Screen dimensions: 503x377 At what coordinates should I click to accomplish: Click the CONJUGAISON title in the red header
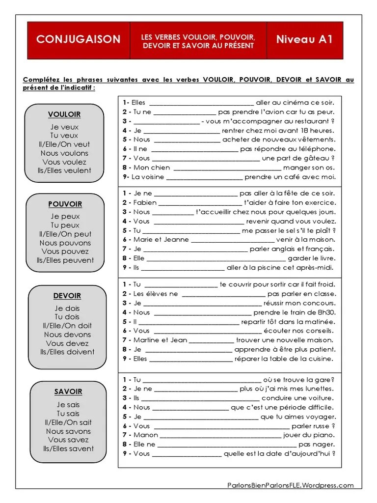tap(78, 39)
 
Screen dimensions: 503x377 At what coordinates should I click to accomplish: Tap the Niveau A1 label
tap(304, 39)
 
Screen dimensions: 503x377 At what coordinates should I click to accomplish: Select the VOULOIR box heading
tap(64, 114)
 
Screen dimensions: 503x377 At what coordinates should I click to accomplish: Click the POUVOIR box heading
tap(65, 204)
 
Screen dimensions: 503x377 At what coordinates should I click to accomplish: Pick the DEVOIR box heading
tap(67, 296)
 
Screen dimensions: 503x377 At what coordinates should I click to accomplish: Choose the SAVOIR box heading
tap(68, 391)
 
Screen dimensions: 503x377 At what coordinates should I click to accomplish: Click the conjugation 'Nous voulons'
tap(64, 153)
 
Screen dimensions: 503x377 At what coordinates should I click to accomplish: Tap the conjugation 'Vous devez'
tap(67, 343)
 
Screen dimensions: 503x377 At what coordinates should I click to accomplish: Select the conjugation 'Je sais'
tap(68, 405)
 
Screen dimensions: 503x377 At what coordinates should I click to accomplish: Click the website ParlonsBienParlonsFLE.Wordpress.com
tap(290, 485)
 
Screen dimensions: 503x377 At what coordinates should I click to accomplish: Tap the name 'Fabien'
tap(145, 202)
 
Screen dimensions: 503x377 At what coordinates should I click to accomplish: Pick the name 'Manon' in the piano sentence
tap(146, 435)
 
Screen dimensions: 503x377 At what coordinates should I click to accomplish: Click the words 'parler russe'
tap(310, 426)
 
